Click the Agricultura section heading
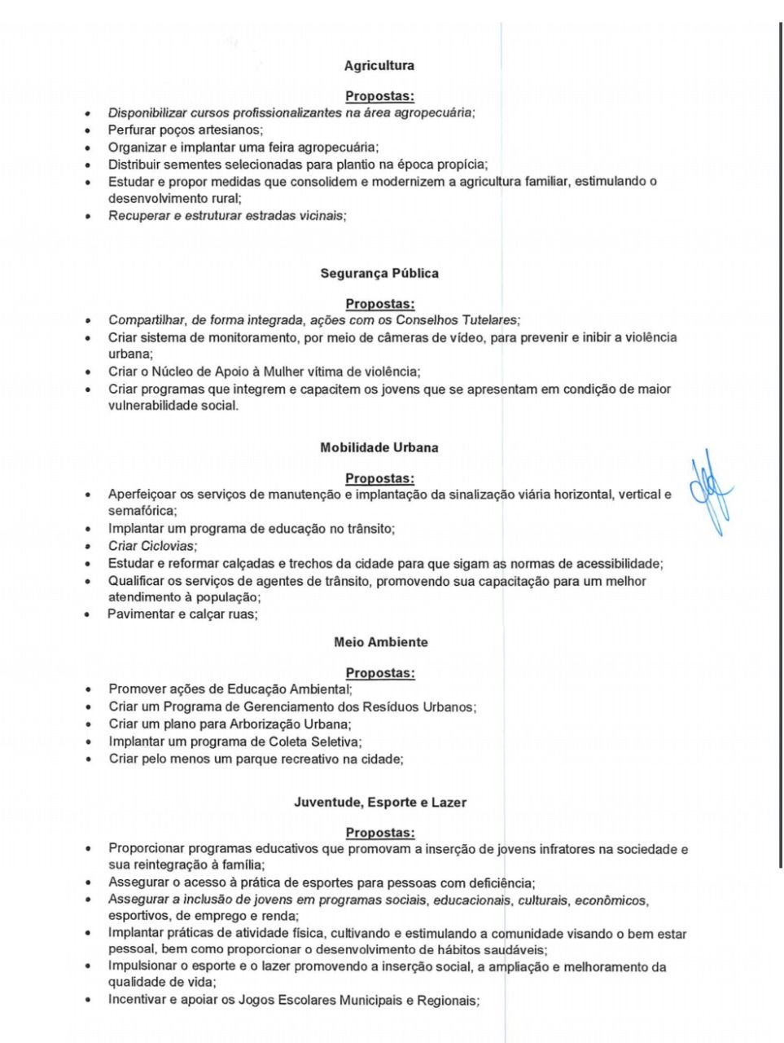click(379, 66)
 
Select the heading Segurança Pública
click(379, 274)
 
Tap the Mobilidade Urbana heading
click(379, 447)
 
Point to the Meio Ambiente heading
click(380, 642)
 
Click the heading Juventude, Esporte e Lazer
click(380, 803)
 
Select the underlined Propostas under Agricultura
click(379, 97)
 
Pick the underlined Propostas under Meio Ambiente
click(380, 673)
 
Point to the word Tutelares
click(488, 320)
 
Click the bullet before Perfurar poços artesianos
click(87, 130)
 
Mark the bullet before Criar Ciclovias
click(87, 546)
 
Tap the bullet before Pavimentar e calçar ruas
click(87, 615)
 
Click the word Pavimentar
click(141, 614)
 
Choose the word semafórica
click(141, 511)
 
